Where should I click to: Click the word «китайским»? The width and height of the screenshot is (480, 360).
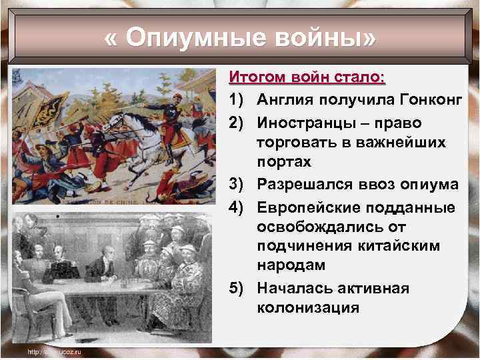coord(393,246)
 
